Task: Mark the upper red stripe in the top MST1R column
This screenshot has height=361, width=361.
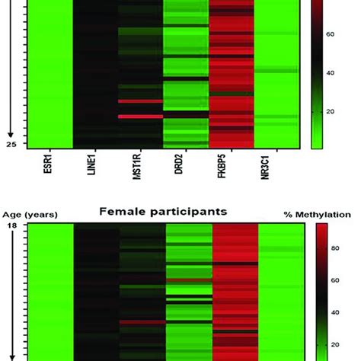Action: tap(141, 101)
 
